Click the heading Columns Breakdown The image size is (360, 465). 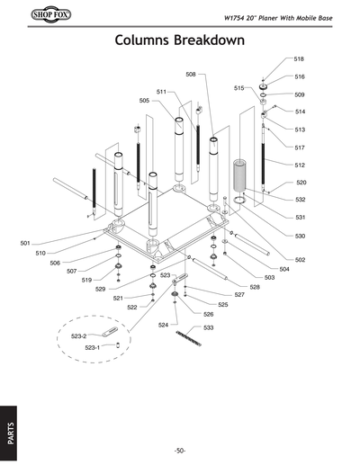(180, 42)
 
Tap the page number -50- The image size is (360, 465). (180, 450)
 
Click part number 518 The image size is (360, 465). (299, 58)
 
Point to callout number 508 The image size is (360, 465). (192, 74)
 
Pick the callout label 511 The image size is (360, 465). (161, 92)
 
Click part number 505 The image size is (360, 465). (144, 101)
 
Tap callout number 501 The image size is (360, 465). (25, 243)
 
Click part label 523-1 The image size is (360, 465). (91, 347)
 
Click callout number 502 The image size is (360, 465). (300, 259)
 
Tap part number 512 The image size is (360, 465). (300, 165)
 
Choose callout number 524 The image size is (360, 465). (163, 324)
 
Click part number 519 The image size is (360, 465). (86, 280)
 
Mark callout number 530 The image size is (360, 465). (300, 236)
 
